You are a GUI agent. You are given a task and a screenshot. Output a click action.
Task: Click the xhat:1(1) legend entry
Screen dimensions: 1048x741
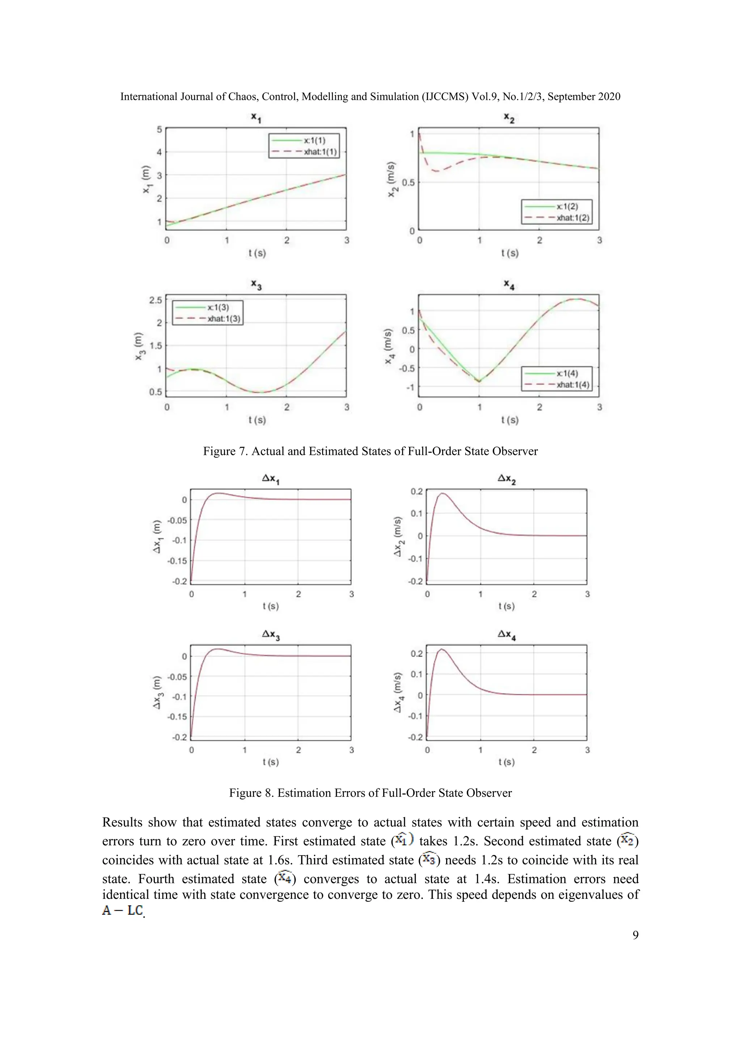coord(320,152)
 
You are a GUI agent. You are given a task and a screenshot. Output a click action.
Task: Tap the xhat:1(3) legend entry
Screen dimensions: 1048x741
coord(224,318)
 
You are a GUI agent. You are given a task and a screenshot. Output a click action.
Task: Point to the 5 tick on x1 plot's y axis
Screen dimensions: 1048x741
coord(159,130)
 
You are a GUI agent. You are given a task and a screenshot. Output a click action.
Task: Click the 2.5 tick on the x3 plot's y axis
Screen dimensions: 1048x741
coord(156,300)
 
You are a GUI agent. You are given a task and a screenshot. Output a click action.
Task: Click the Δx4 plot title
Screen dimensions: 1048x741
coord(507,634)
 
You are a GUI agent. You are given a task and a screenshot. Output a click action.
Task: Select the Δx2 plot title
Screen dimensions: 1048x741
coord(507,479)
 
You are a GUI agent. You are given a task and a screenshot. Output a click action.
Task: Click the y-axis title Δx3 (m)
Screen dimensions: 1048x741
coord(157,692)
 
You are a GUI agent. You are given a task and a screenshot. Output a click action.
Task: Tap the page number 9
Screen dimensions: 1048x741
coord(635,935)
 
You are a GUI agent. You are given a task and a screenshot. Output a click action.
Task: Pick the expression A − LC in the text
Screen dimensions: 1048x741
coord(122,910)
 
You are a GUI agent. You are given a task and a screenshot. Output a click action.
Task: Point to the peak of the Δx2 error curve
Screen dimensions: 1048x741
coord(442,493)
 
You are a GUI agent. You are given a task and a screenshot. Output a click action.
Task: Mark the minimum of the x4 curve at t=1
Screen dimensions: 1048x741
coord(479,381)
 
